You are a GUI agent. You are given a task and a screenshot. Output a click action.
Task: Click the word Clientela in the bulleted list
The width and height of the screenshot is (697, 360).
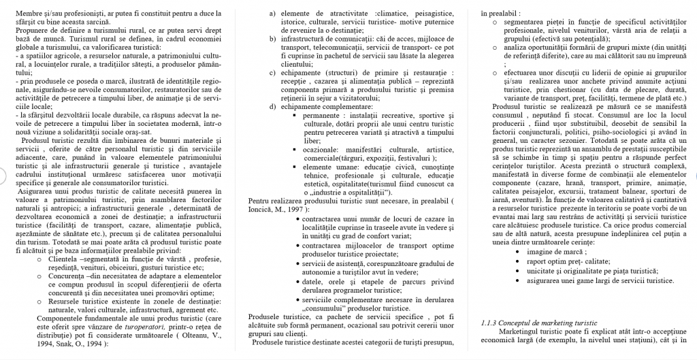(x=65, y=259)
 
